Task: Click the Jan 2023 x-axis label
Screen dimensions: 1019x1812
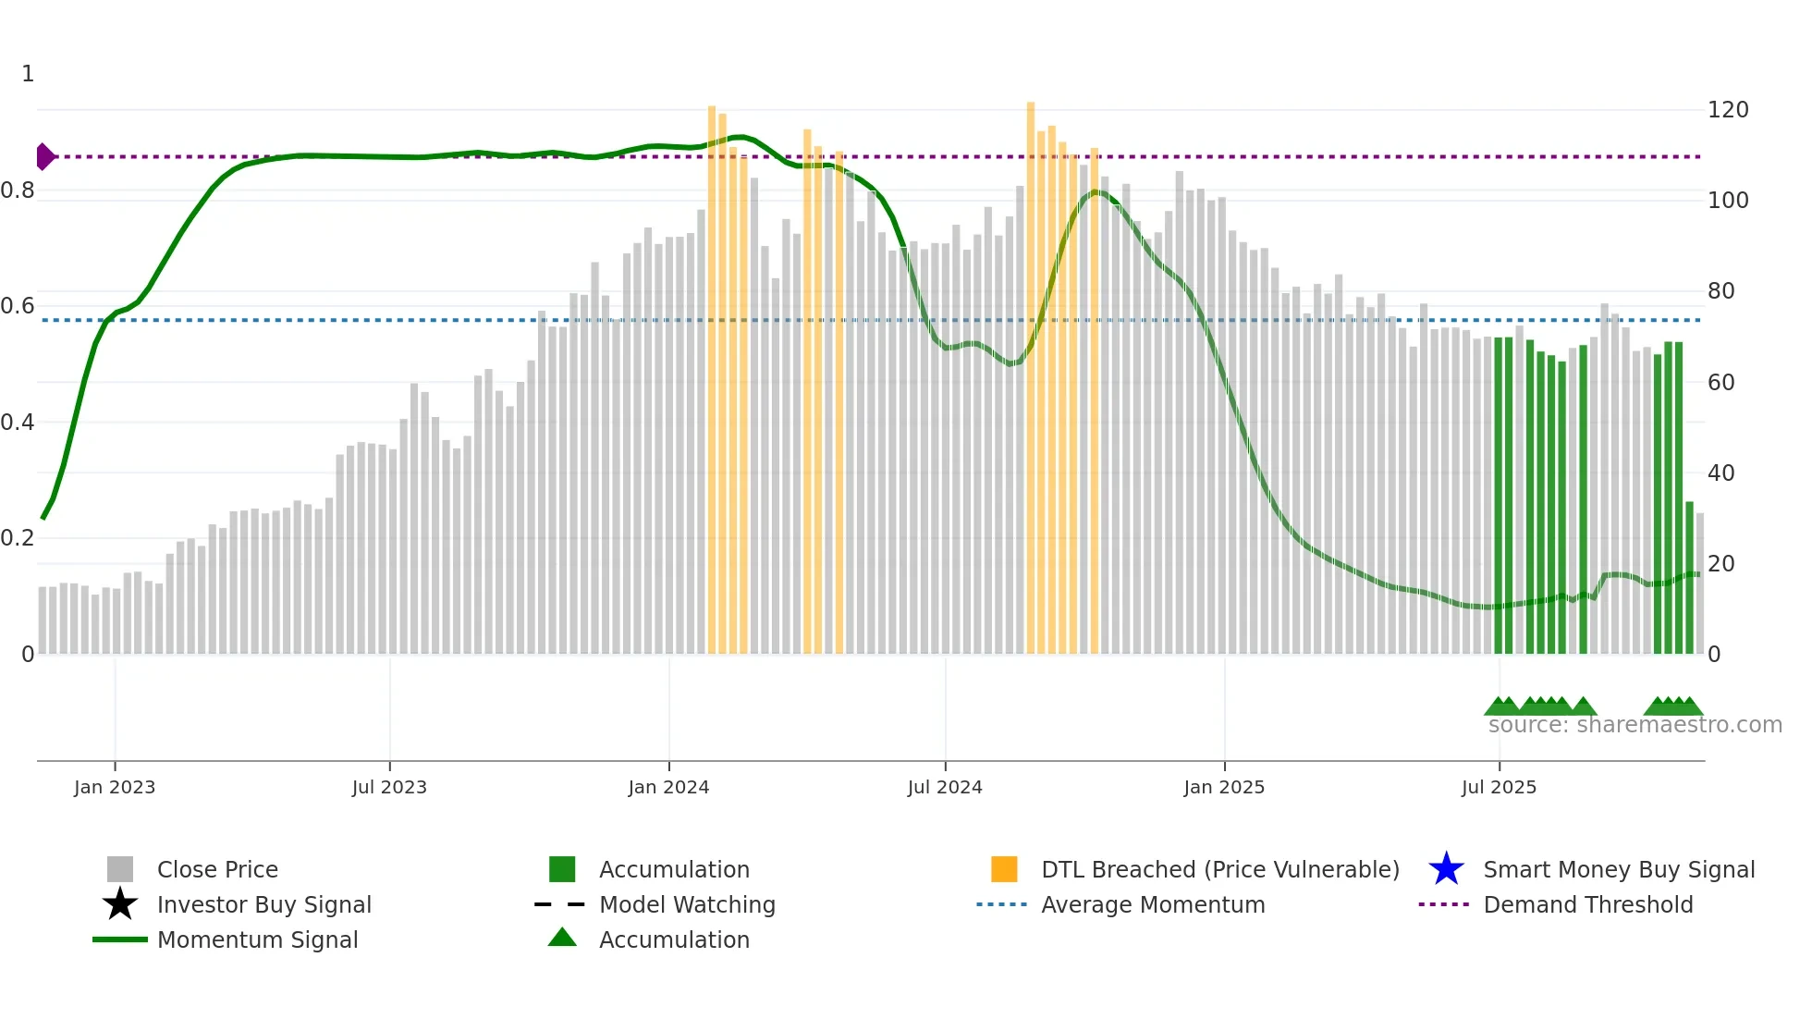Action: (115, 787)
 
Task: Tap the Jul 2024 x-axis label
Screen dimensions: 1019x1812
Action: (945, 787)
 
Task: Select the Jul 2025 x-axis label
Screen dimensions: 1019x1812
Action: (1499, 787)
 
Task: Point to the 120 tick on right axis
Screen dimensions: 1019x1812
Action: (1728, 110)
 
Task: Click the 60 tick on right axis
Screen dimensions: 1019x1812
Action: (1721, 382)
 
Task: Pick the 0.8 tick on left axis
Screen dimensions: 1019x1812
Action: (18, 190)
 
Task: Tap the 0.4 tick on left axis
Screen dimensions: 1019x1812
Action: (18, 423)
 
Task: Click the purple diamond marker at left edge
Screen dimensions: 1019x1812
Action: (44, 156)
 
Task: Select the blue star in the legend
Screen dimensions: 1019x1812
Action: (1446, 869)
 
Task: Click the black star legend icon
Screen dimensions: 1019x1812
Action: (120, 904)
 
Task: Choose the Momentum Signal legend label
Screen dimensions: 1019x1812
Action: (257, 939)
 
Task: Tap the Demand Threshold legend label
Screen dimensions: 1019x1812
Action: (1587, 904)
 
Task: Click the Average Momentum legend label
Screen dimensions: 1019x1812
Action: (1153, 904)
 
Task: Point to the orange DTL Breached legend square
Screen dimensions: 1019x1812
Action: (1004, 869)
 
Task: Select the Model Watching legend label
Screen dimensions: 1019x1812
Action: (687, 904)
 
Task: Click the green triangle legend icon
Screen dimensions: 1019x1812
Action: (562, 938)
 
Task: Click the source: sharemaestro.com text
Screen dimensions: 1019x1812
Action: (1634, 725)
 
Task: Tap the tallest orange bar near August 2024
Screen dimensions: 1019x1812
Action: (1031, 370)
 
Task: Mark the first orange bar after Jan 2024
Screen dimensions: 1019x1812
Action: (712, 370)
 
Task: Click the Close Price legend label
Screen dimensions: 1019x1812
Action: (217, 869)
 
